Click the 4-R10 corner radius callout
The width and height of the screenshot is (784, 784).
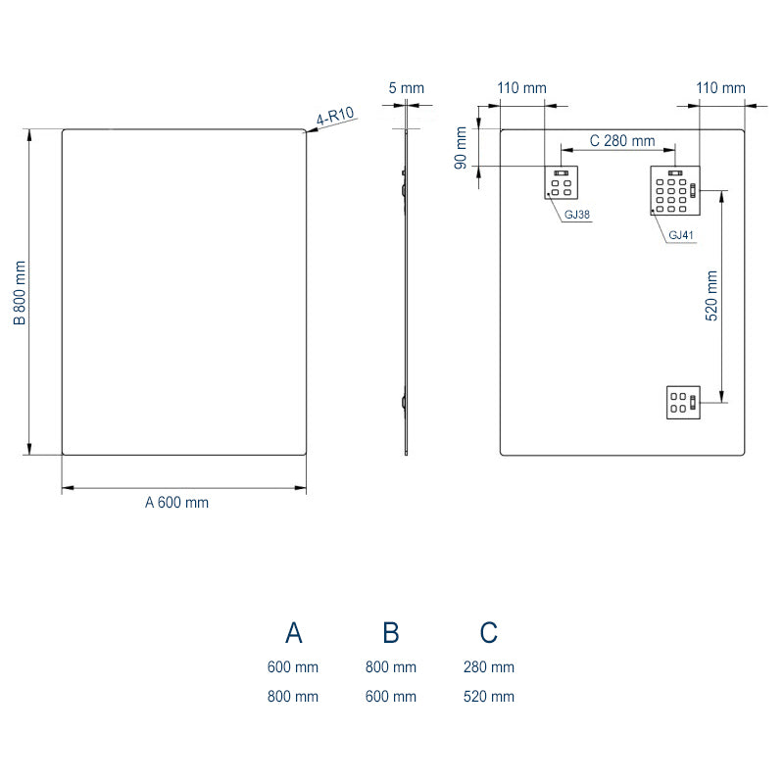(x=334, y=119)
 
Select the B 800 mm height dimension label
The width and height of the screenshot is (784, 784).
(x=19, y=292)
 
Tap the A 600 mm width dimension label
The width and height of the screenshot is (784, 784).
(x=177, y=503)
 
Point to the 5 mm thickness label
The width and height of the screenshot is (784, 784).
(x=407, y=88)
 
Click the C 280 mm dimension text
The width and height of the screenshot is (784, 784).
(x=621, y=141)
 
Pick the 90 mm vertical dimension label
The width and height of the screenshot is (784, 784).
(x=460, y=148)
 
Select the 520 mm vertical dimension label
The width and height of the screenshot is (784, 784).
(x=712, y=296)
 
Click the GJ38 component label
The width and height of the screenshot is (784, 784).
(x=576, y=215)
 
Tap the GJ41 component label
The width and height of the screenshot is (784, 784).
(x=679, y=236)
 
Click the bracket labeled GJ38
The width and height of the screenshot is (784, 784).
(x=562, y=183)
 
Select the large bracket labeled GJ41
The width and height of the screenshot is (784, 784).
(x=675, y=191)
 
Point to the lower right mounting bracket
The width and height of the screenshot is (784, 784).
(x=682, y=401)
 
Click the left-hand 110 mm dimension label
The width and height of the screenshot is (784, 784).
(x=521, y=88)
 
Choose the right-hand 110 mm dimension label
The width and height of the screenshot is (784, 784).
(x=720, y=88)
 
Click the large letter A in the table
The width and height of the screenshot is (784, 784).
(x=293, y=633)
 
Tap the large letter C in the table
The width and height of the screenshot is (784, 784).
(x=488, y=633)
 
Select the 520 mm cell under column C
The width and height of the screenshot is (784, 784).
(x=488, y=697)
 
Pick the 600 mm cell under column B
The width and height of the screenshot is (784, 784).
(x=390, y=697)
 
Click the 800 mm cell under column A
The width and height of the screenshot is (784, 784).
(x=293, y=697)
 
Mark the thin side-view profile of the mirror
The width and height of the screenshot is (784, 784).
(x=406, y=294)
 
